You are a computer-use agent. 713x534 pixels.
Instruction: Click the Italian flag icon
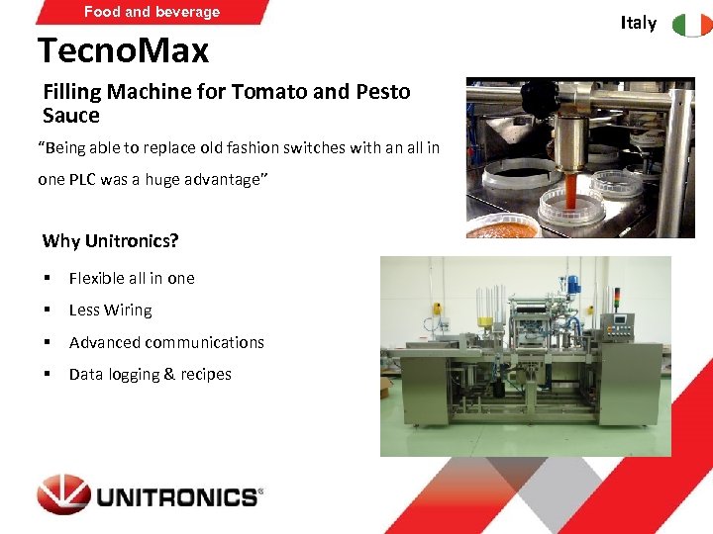[x=692, y=24]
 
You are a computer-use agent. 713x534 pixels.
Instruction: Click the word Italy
[x=639, y=23]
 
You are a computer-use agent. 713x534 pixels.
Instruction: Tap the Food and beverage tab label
[x=152, y=12]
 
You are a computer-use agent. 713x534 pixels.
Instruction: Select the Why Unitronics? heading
[x=111, y=241]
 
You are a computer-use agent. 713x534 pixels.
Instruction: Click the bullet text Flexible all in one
[x=132, y=278]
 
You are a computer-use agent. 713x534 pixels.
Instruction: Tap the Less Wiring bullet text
[x=110, y=311]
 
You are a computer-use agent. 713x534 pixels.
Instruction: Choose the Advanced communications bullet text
[x=166, y=342]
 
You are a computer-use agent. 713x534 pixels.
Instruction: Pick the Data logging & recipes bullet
[x=150, y=374]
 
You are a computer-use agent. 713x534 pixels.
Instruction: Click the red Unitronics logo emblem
[x=63, y=494]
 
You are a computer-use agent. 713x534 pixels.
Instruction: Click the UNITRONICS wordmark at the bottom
[x=177, y=495]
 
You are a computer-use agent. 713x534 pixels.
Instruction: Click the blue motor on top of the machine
[x=573, y=285]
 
